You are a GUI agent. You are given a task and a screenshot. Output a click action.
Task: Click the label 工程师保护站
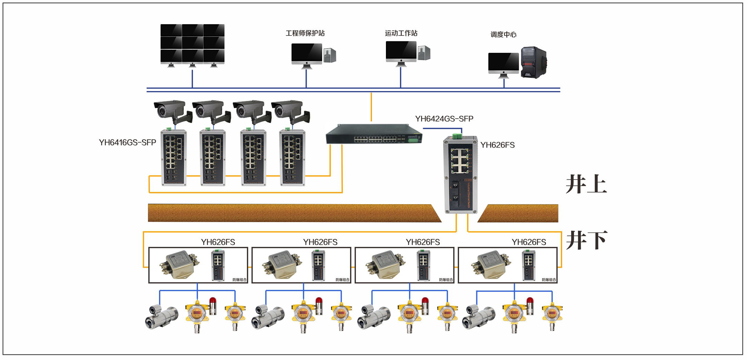click(305, 33)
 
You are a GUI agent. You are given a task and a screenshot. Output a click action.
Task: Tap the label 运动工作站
click(401, 33)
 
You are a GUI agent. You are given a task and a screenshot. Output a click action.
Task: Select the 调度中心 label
click(504, 34)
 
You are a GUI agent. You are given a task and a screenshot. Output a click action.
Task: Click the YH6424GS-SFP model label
click(444, 119)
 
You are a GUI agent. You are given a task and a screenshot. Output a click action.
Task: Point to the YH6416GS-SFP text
click(127, 142)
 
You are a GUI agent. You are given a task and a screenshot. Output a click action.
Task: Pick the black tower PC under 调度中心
click(534, 62)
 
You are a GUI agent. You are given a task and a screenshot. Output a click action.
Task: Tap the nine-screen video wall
click(192, 44)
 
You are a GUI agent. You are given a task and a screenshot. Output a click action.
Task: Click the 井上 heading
click(586, 185)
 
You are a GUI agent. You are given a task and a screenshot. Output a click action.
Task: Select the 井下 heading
click(587, 240)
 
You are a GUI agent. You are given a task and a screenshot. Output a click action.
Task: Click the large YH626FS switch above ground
click(460, 174)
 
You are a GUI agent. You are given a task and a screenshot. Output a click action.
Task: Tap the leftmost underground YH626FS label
click(218, 242)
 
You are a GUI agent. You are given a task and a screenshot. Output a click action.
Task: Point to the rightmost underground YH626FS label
click(529, 242)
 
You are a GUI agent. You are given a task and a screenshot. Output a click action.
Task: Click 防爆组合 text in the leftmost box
click(240, 280)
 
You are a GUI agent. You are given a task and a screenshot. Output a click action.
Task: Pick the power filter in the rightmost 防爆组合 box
click(490, 265)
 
